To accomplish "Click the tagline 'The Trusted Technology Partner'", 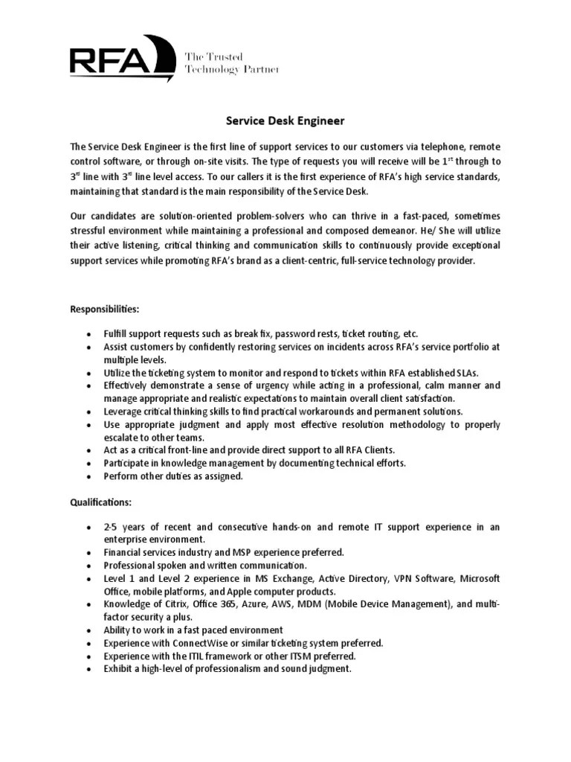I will [231, 63].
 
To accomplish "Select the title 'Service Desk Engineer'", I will [285, 120].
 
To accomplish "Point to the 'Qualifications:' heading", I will [101, 502].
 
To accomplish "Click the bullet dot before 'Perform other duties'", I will [88, 476].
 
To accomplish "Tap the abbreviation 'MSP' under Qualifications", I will [228, 552].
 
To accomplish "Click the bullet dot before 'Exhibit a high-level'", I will [88, 669].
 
